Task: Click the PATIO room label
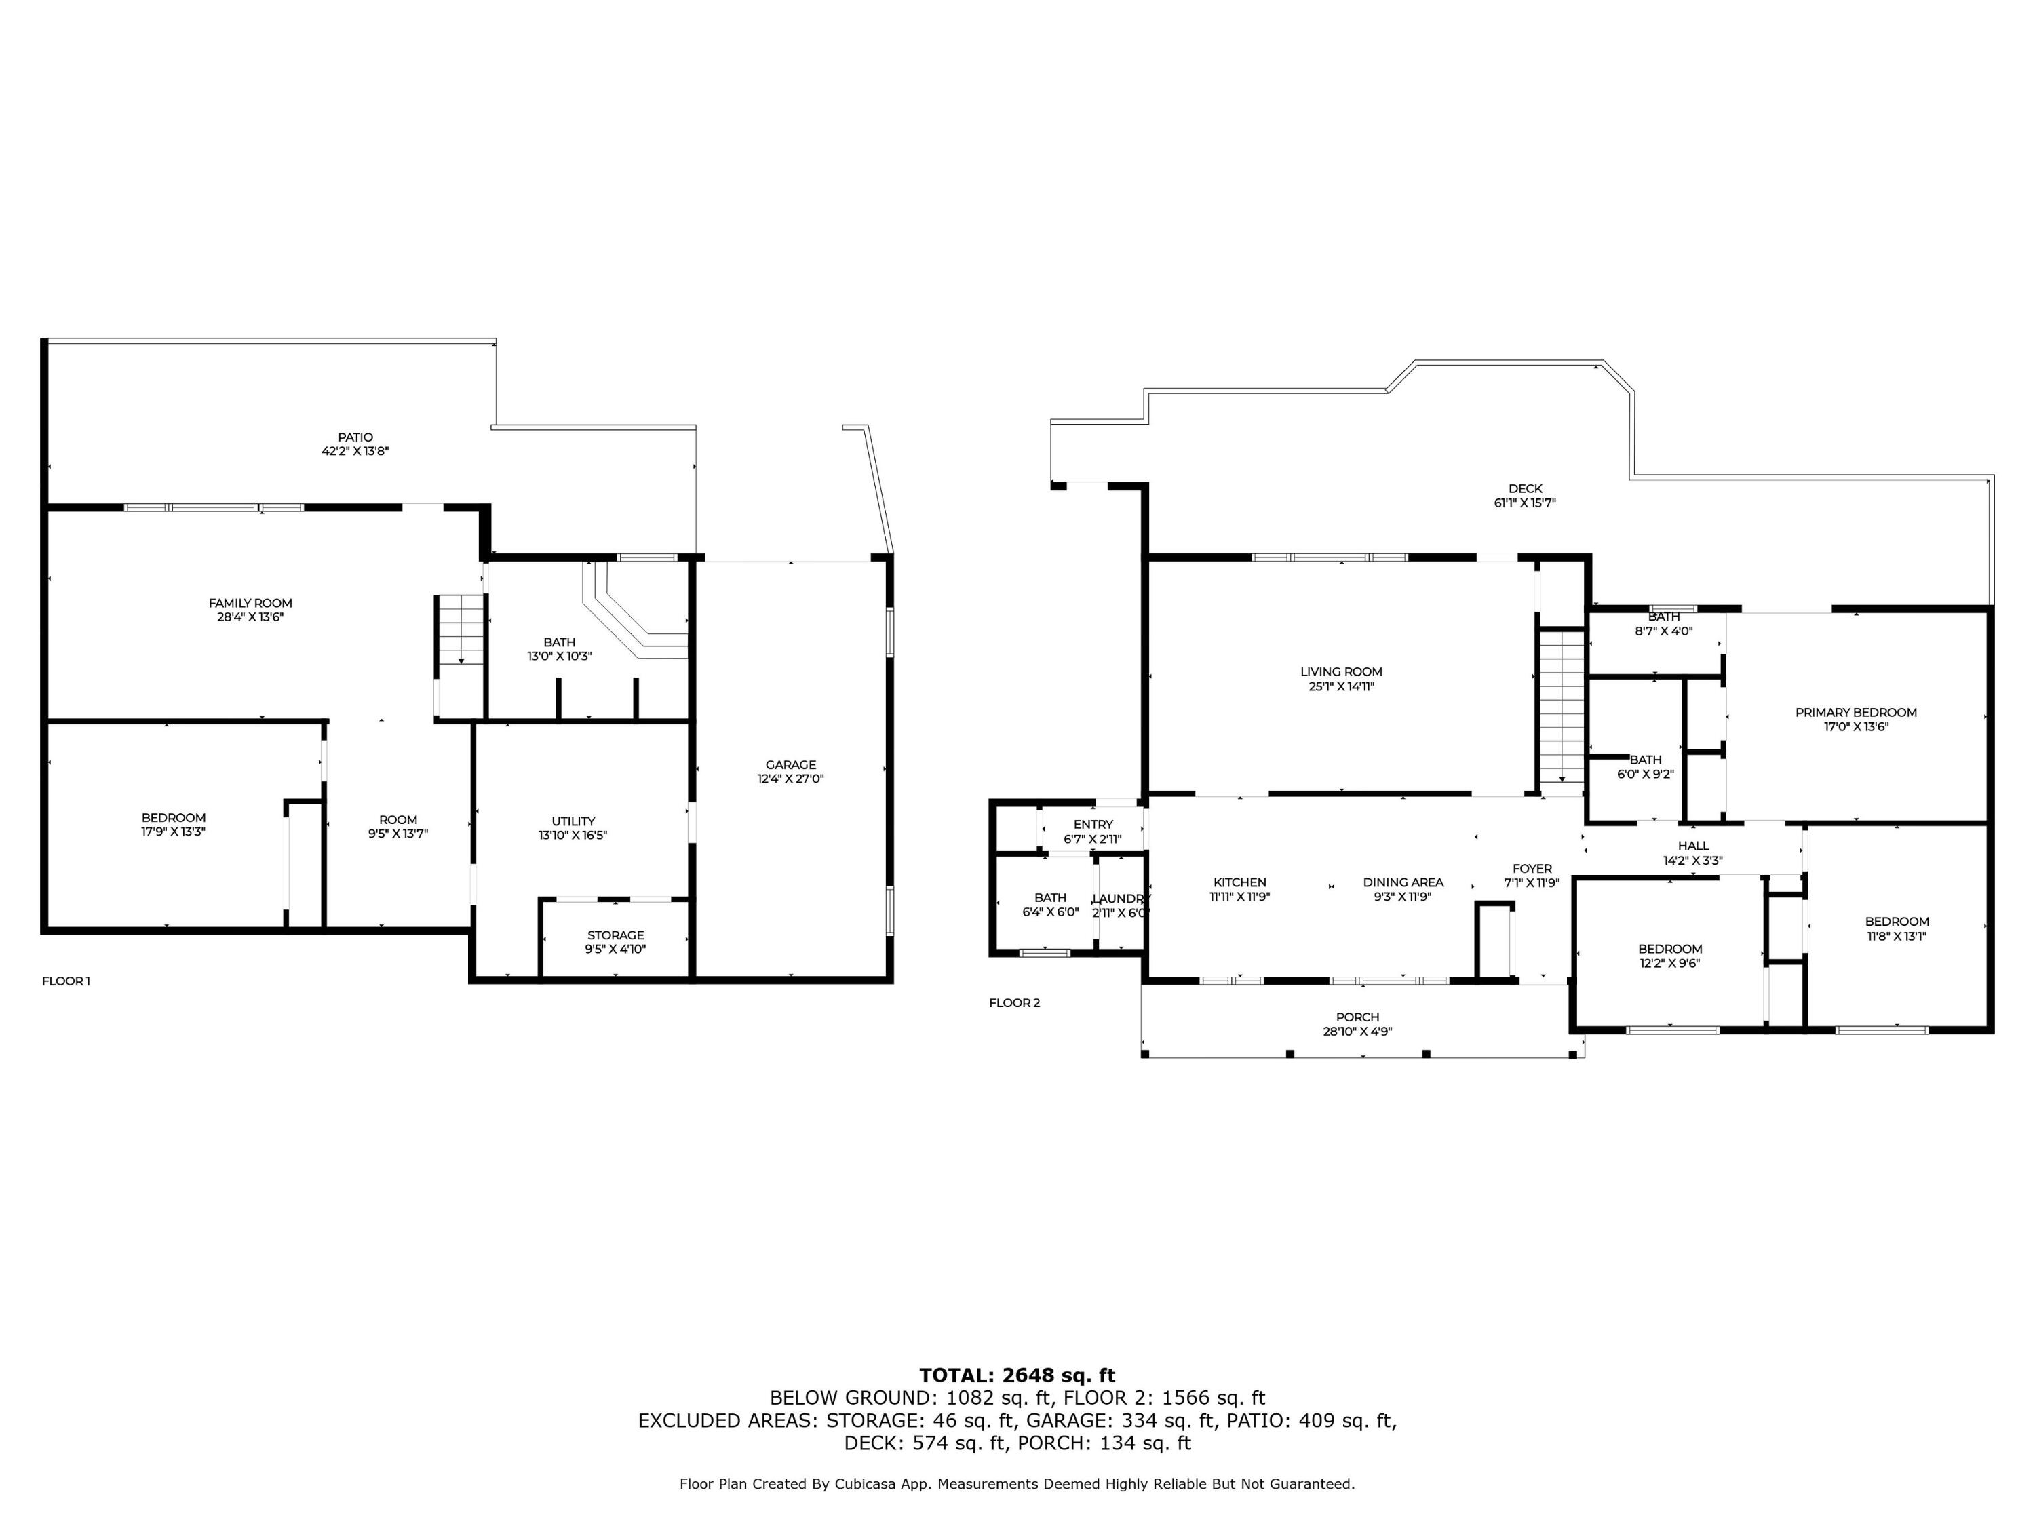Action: tap(355, 438)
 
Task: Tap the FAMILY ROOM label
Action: tap(250, 604)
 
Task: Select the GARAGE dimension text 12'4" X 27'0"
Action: tap(790, 778)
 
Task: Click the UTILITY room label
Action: tap(573, 821)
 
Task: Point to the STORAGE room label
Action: tap(615, 935)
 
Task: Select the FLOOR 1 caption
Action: tap(66, 981)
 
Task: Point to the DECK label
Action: tap(1526, 490)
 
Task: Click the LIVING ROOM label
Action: tap(1341, 672)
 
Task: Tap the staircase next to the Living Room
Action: tap(1562, 707)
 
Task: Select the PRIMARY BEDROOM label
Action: tap(1857, 713)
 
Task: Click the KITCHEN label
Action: tap(1240, 882)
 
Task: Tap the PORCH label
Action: tap(1358, 1017)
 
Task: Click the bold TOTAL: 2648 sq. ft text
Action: tap(1017, 1376)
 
